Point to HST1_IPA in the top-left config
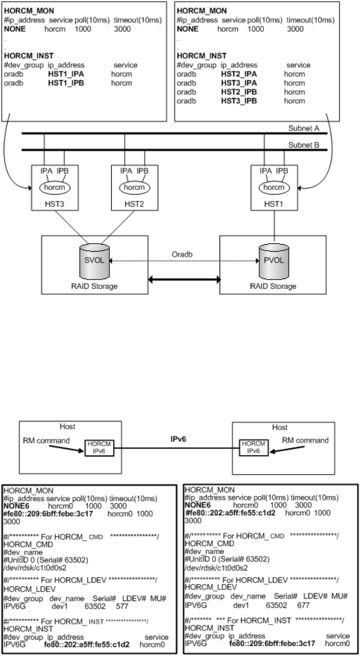tap(66, 75)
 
